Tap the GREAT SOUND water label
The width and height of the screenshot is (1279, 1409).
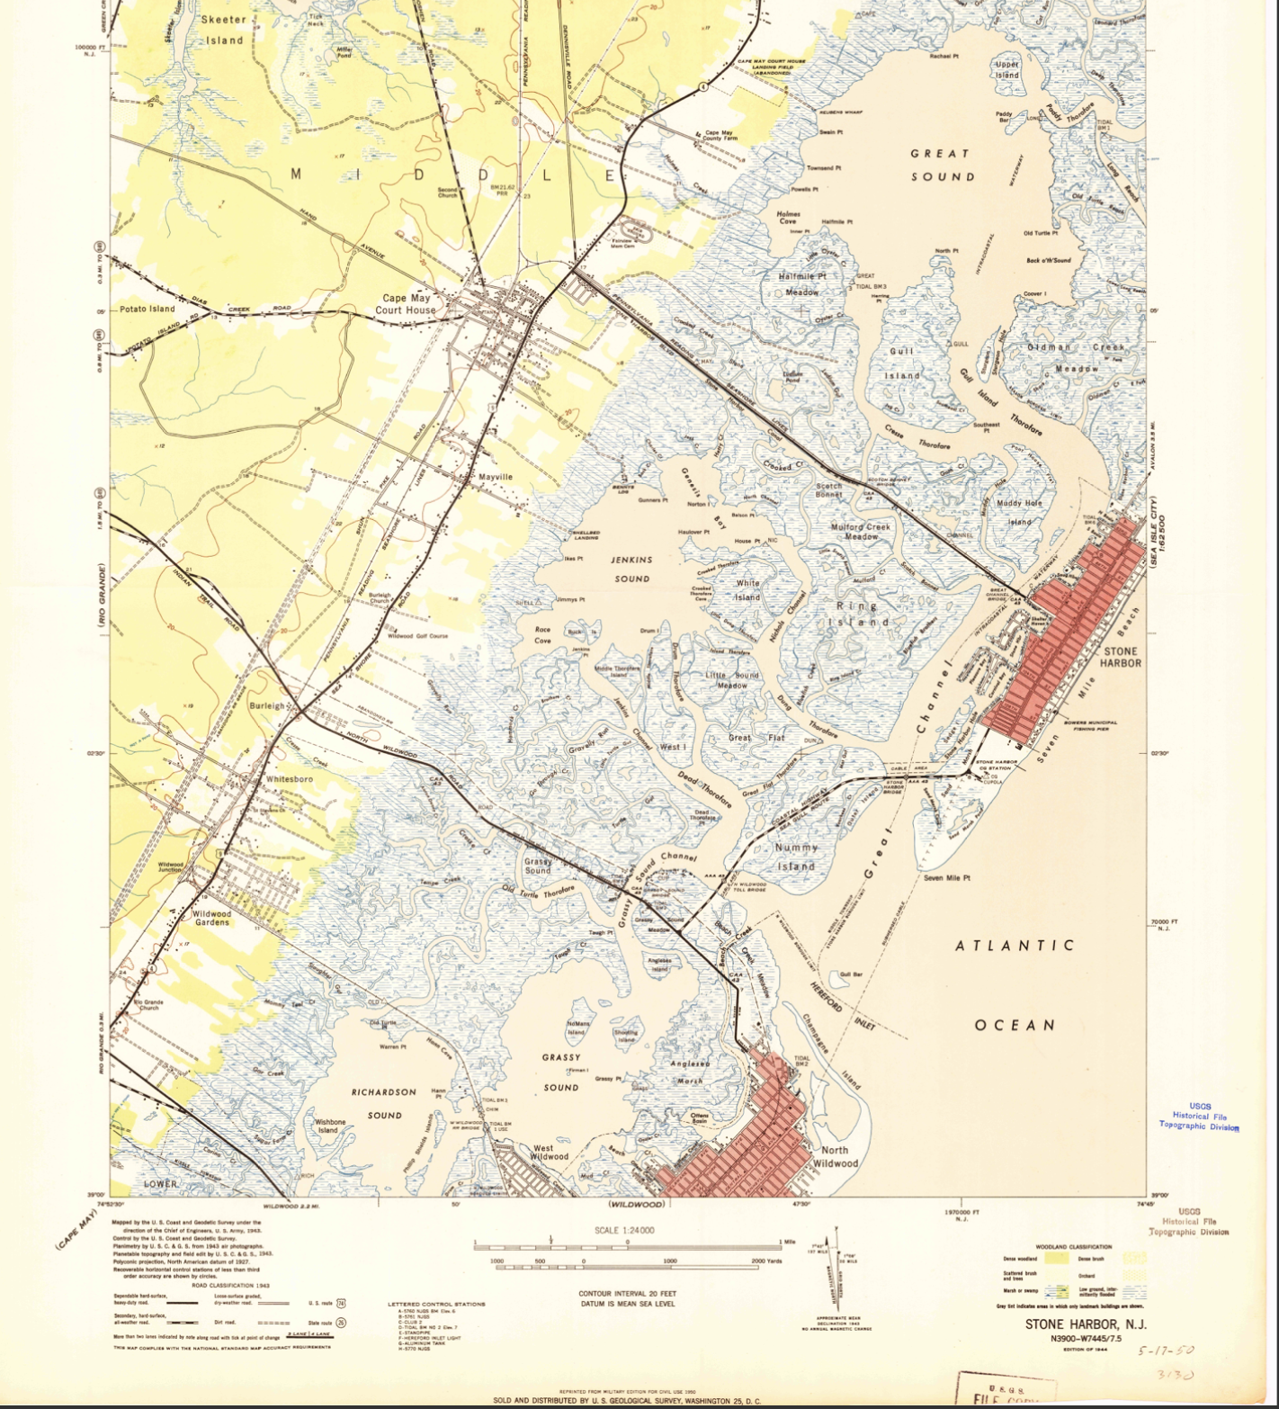pos(942,165)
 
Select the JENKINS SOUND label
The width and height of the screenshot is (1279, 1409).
pos(631,569)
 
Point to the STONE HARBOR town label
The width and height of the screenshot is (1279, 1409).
pos(1120,657)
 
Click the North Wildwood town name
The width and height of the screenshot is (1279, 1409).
pos(835,1156)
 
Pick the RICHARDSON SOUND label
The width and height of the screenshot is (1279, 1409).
pos(384,1103)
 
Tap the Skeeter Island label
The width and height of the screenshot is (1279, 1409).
pos(224,30)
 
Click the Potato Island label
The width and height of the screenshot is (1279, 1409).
pos(148,309)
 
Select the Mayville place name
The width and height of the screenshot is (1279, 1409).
pos(495,477)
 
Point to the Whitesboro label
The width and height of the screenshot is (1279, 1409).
pos(290,778)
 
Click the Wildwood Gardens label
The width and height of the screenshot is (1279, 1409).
pos(212,918)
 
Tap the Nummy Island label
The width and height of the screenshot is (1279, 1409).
pos(796,857)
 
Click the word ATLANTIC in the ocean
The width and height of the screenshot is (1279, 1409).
pos(1014,946)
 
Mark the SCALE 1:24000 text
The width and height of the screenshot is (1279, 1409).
pos(624,1230)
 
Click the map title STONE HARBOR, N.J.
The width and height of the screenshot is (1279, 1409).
pos(1085,1324)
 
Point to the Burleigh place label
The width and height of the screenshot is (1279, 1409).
pos(266,706)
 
